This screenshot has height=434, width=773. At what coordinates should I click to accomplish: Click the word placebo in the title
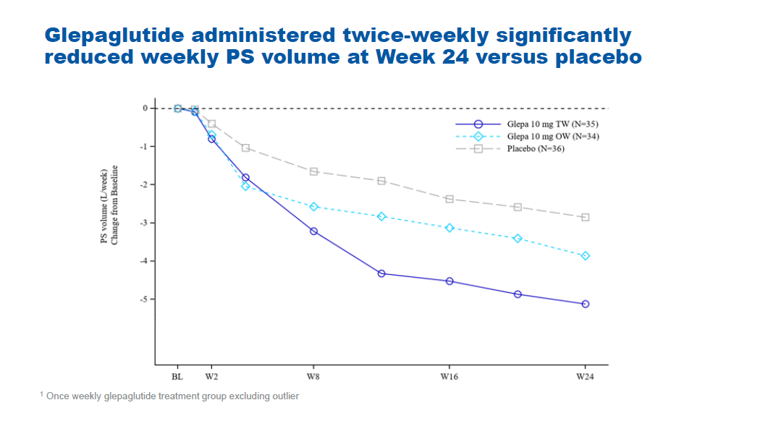click(x=598, y=58)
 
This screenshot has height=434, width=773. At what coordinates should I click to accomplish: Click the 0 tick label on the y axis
click(x=145, y=109)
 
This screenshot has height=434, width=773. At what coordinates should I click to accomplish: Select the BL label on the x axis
click(x=177, y=377)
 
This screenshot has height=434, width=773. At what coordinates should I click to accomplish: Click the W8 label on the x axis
click(x=313, y=377)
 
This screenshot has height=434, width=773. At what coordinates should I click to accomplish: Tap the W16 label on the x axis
click(x=449, y=377)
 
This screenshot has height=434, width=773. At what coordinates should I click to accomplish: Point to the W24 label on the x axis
click(x=585, y=377)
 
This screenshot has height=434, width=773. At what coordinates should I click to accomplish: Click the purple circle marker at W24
click(x=585, y=304)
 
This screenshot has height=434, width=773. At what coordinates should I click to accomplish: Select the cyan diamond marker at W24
click(x=585, y=256)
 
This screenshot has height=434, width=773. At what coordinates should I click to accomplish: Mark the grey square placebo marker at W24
click(x=585, y=217)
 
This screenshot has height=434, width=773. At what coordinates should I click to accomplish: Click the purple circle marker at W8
click(x=313, y=231)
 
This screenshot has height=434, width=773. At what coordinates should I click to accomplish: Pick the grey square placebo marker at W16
click(x=449, y=199)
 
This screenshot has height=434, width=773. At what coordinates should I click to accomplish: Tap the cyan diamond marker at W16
click(x=449, y=228)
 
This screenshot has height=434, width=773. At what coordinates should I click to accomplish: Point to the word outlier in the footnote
click(x=284, y=396)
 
